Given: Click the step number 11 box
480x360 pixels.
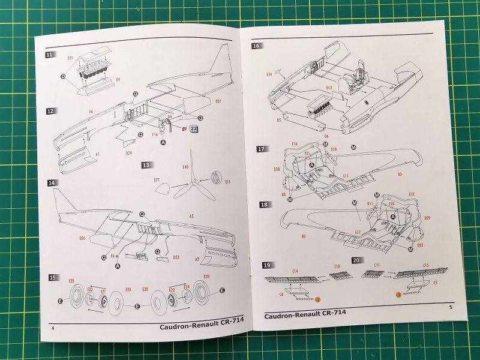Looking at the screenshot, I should tap(50, 55).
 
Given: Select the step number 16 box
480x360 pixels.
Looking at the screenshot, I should tap(256, 46).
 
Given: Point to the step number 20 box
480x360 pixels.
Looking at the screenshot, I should tap(356, 260).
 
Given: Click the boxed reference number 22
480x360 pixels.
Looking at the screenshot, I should tap(194, 127).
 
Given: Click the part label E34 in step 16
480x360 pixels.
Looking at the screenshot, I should tap(270, 74).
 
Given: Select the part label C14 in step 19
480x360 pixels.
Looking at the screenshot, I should tap(295, 271).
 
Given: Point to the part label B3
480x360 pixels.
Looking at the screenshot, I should tap(400, 174).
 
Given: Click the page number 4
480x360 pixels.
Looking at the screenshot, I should tap(53, 328).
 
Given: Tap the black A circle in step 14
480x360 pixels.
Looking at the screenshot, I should tap(118, 266).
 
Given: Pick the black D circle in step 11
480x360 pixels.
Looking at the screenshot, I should tap(62, 76).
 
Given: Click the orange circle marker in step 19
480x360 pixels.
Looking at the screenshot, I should tap(317, 298).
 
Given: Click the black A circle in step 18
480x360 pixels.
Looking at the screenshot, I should tap(393, 217).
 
